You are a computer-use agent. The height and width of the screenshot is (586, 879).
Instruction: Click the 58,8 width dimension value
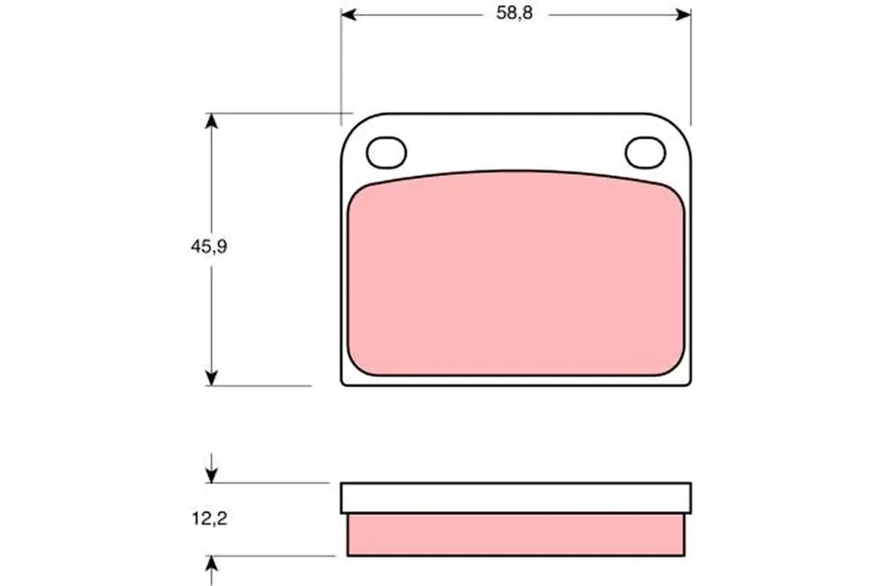[x=514, y=13]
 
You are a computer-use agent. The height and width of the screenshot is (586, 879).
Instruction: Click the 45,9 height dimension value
[x=209, y=245]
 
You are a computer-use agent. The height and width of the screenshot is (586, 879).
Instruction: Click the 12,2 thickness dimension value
[x=210, y=518]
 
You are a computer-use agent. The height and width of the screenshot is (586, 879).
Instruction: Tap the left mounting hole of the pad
[x=386, y=152]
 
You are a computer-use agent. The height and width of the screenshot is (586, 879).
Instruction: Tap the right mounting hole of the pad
[x=645, y=152]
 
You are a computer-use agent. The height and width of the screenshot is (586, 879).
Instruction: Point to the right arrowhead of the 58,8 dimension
[x=683, y=14]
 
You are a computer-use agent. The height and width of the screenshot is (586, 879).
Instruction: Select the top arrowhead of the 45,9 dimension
[x=211, y=121]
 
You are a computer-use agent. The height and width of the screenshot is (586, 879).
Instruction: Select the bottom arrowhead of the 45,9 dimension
[x=211, y=378]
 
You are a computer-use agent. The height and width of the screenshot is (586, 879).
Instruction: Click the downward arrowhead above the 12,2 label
[x=211, y=475]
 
